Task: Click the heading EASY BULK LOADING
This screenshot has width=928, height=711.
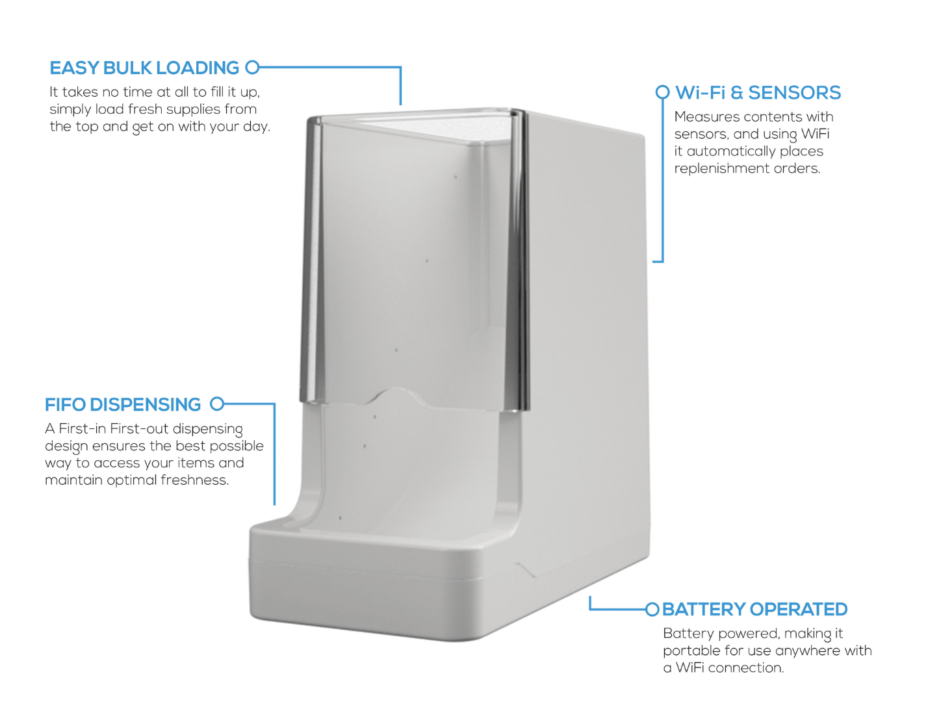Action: (144, 68)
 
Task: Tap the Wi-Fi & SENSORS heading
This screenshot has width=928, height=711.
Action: (758, 93)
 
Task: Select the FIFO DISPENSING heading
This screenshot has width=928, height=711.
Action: (123, 404)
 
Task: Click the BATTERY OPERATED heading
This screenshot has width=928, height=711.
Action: (754, 610)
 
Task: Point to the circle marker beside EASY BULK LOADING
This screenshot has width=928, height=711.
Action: (252, 67)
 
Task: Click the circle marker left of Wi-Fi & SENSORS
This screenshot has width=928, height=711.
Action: (662, 92)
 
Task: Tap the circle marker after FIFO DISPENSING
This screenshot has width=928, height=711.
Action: (217, 404)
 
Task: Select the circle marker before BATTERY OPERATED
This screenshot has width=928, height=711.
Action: (652, 610)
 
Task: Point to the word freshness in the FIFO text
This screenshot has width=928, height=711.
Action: (195, 480)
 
